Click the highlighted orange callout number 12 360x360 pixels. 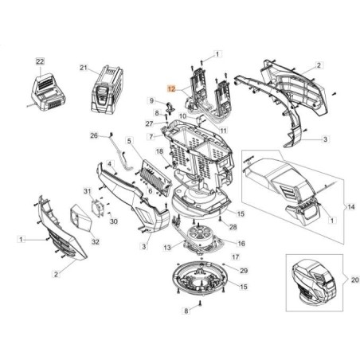tap(170, 91)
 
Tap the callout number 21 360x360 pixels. tap(82, 68)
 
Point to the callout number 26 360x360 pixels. tap(94, 136)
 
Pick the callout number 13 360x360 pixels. tap(167, 248)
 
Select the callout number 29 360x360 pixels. tap(244, 271)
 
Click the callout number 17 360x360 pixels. tap(234, 256)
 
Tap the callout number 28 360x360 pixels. tap(233, 227)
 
